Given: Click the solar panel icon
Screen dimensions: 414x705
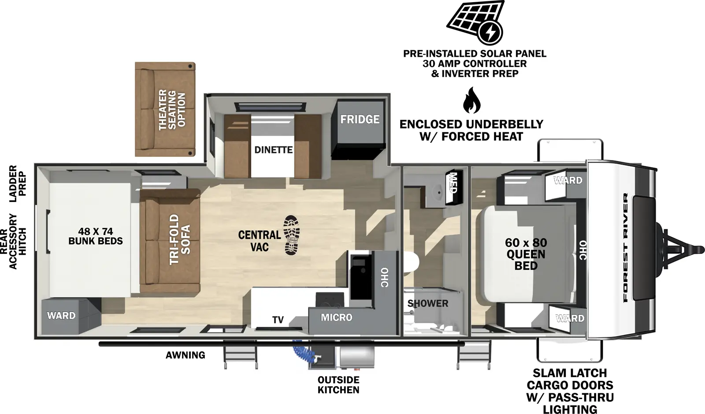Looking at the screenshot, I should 475,22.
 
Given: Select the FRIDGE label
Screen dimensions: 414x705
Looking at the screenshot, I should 360,119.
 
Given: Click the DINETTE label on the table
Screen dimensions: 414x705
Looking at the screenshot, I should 273,150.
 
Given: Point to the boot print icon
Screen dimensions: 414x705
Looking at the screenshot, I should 291,235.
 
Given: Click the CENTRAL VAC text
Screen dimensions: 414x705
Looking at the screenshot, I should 260,241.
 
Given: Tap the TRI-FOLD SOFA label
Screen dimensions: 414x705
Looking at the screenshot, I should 180,239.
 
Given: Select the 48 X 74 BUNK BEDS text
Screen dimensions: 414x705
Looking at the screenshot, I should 95,236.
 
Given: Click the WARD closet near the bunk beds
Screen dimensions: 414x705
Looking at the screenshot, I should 61,316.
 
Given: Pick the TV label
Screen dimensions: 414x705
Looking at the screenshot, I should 278,320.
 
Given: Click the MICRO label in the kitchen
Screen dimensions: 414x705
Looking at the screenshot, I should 336,317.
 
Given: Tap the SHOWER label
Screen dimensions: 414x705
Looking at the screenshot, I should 427,303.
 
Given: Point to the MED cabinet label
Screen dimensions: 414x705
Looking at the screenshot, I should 453,184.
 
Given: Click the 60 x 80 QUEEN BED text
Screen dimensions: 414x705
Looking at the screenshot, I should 526,254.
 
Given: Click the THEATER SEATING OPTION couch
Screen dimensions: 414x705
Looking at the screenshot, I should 165,109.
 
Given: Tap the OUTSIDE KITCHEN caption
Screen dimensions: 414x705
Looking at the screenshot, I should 338,385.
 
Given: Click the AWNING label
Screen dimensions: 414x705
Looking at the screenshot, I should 185,355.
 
